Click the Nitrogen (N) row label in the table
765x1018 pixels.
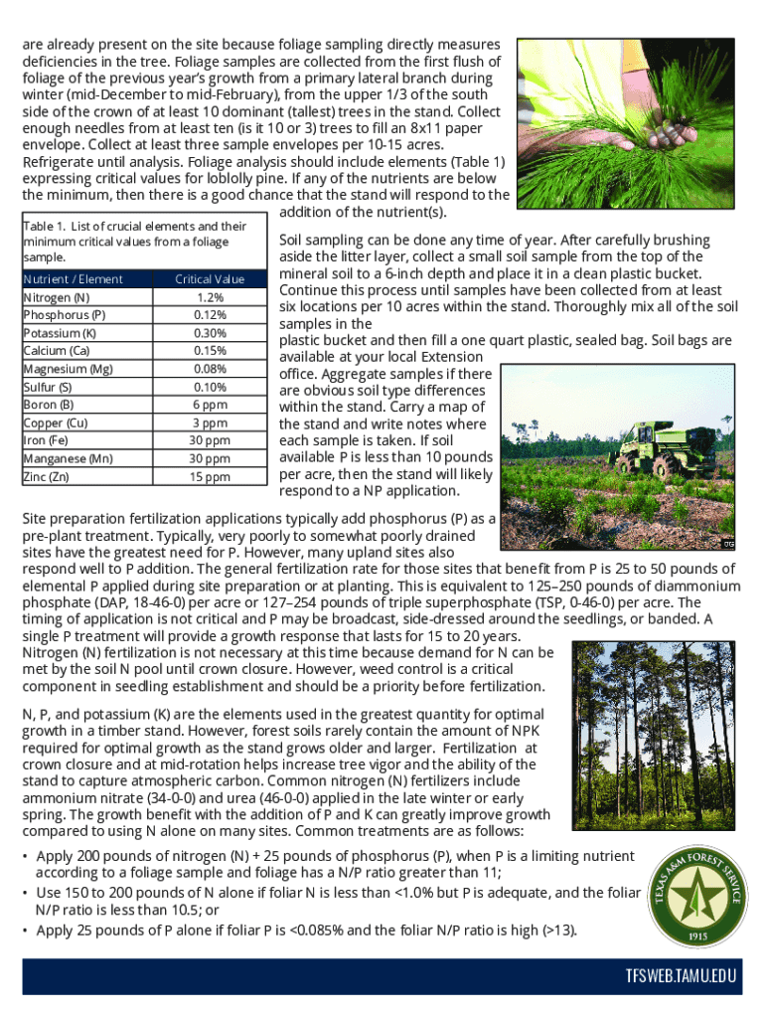(x=56, y=297)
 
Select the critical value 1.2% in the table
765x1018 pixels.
(x=210, y=297)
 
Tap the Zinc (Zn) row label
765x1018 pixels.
(x=47, y=476)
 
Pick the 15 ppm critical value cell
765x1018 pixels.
(x=210, y=476)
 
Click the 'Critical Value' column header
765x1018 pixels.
(x=210, y=279)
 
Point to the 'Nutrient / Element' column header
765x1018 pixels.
(x=73, y=279)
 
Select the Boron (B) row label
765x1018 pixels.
(x=49, y=405)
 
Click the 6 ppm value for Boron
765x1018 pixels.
(x=210, y=405)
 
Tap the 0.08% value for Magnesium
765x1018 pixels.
(x=210, y=369)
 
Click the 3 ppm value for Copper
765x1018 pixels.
(x=210, y=423)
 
